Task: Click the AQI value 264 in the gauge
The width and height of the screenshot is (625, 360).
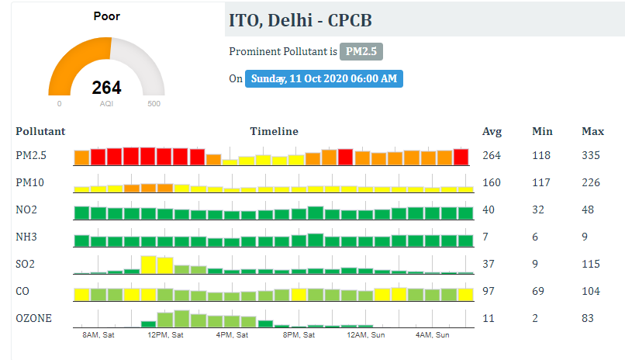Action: [x=106, y=88]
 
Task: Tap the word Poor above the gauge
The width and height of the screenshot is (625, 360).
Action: [x=106, y=16]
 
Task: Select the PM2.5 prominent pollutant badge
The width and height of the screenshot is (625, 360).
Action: [x=361, y=51]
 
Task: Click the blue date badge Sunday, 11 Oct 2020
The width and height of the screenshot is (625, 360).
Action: [x=323, y=78]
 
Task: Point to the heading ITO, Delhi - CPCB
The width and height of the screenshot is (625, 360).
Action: [x=300, y=20]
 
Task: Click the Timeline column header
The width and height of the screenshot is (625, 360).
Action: [x=274, y=132]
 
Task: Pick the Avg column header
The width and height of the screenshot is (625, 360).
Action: [x=492, y=132]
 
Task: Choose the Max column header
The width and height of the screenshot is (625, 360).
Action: [x=592, y=132]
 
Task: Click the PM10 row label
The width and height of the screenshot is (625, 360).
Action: [x=30, y=182]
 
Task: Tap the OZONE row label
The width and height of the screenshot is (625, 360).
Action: [x=34, y=318]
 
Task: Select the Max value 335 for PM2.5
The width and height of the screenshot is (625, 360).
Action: [x=591, y=155]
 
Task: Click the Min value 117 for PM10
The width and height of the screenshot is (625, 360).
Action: [x=541, y=182]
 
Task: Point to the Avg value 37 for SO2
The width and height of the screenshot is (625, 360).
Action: [x=489, y=264]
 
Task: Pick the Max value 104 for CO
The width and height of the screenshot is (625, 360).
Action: [x=591, y=291]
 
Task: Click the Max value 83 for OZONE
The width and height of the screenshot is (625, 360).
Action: [x=588, y=318]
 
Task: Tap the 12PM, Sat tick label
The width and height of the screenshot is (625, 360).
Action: [x=165, y=335]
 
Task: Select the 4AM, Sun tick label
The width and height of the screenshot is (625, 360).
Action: [x=433, y=335]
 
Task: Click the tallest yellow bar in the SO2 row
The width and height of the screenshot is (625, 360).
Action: [x=148, y=265]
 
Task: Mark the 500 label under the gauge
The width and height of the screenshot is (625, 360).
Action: [x=154, y=104]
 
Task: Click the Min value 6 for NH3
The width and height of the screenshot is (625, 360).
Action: [x=535, y=237]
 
